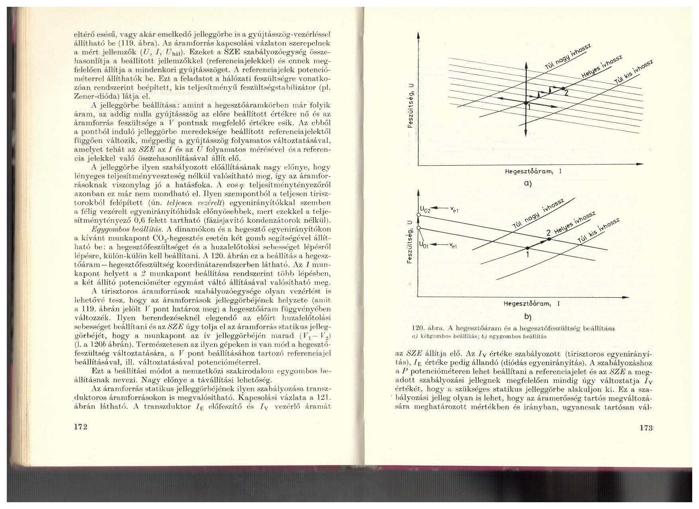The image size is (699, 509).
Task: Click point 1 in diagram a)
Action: tap(526, 103)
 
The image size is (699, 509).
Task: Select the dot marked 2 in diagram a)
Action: tap(563, 88)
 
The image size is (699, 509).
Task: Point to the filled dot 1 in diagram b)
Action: tap(527, 248)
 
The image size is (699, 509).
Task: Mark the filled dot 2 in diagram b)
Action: tap(549, 238)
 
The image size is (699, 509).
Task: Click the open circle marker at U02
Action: tap(418, 215)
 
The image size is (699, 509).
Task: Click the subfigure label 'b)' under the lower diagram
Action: tap(528, 317)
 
